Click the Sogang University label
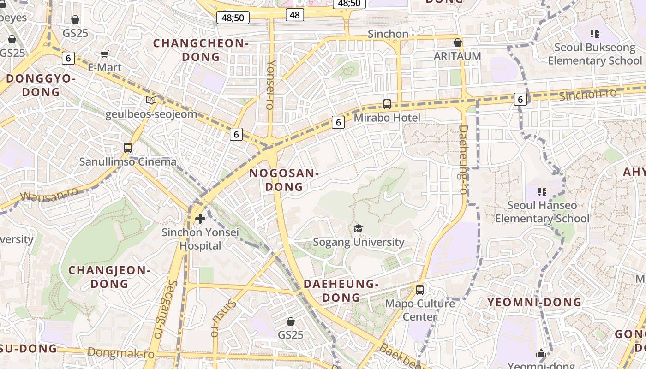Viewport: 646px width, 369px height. point(359,242)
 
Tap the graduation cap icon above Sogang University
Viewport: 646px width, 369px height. point(359,228)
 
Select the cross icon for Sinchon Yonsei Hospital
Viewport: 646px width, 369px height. point(200,218)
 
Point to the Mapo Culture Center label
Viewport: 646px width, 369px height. point(419,310)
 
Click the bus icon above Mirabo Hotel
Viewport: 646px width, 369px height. point(387,104)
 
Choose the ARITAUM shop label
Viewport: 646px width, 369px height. point(457,56)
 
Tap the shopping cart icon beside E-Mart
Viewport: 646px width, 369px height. point(105,54)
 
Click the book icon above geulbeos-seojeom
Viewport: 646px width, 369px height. point(151,100)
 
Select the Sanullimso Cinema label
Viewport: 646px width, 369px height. point(128,162)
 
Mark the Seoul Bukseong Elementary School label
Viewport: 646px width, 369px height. point(595,54)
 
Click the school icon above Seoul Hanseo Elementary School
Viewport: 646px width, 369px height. point(542,191)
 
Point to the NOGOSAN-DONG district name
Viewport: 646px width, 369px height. point(284,180)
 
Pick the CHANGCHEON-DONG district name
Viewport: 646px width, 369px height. point(201,50)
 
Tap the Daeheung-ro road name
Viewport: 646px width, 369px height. point(463,159)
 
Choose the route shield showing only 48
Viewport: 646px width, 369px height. point(295,15)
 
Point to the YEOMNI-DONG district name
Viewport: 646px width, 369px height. point(535,302)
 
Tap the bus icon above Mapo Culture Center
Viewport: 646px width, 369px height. point(420,290)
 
